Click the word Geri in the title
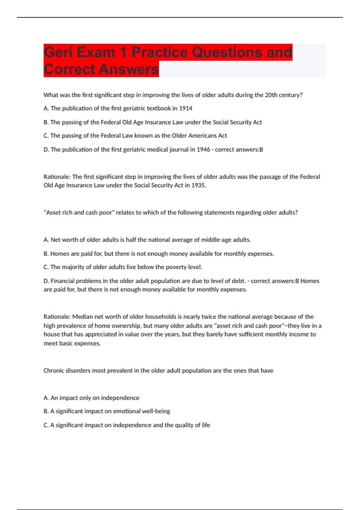coord(58,52)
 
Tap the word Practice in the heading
coord(159,52)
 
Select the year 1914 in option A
coord(185,108)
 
